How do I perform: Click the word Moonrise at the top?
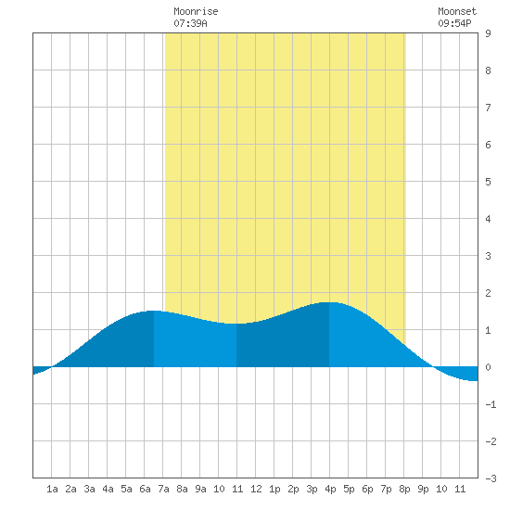(x=196, y=11)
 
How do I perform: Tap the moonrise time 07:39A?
(x=190, y=23)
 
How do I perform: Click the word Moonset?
(x=457, y=11)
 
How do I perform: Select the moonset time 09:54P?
(x=454, y=23)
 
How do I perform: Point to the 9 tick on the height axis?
(x=488, y=33)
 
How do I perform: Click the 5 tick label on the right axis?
(x=488, y=182)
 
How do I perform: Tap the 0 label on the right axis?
(x=488, y=367)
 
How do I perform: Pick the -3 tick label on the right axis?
(x=491, y=478)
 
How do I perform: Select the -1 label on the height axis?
(x=491, y=404)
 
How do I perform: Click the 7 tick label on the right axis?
(x=488, y=108)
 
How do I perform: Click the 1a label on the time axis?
(x=52, y=489)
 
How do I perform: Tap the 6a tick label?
(x=145, y=489)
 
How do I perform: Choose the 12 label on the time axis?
(x=256, y=489)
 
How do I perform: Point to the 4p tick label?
(x=330, y=489)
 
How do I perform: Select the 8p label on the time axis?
(x=404, y=489)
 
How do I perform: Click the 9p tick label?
(x=423, y=489)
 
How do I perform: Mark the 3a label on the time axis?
(x=89, y=489)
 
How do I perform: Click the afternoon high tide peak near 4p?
(x=330, y=302)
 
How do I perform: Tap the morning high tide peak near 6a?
(x=152, y=311)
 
